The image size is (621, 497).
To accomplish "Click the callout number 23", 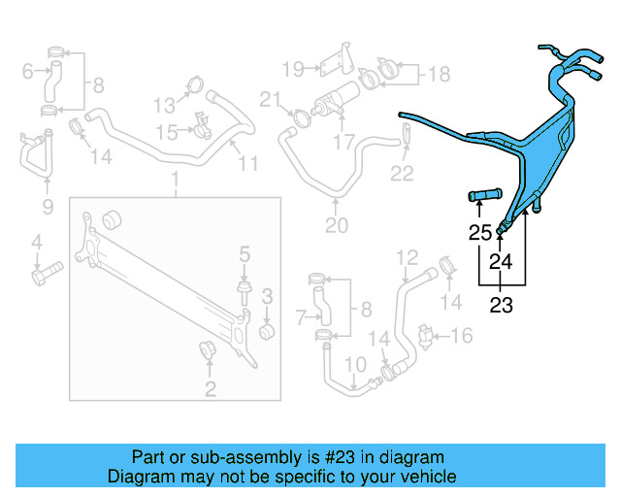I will [x=500, y=306].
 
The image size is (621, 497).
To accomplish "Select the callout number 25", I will [x=480, y=233].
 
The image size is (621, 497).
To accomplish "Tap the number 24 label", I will [x=501, y=261].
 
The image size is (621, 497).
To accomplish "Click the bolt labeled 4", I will [x=45, y=276].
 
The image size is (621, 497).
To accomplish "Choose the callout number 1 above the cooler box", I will [x=175, y=180].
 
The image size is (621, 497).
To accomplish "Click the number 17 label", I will [x=343, y=142].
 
